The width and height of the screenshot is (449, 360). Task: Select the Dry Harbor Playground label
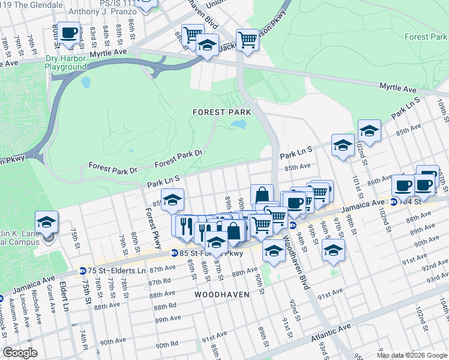coord(65,63)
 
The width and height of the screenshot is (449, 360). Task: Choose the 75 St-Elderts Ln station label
coord(117,271)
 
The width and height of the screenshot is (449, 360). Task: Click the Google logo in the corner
coord(20,353)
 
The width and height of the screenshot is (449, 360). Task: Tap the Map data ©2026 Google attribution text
coord(411,355)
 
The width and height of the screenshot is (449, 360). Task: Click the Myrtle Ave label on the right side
coord(397,88)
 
